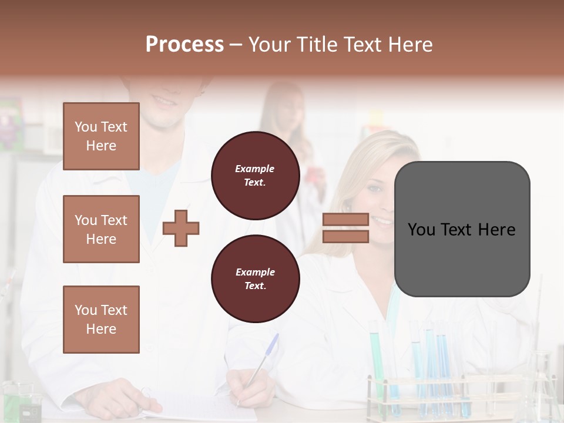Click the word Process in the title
click(184, 44)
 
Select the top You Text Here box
click(101, 136)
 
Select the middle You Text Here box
click(101, 229)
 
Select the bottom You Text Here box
click(101, 319)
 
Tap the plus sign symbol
click(181, 228)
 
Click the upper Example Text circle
click(255, 176)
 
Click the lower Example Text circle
click(255, 279)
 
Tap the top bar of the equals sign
click(345, 220)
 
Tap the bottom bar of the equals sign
click(345, 236)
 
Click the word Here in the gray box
click(496, 230)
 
